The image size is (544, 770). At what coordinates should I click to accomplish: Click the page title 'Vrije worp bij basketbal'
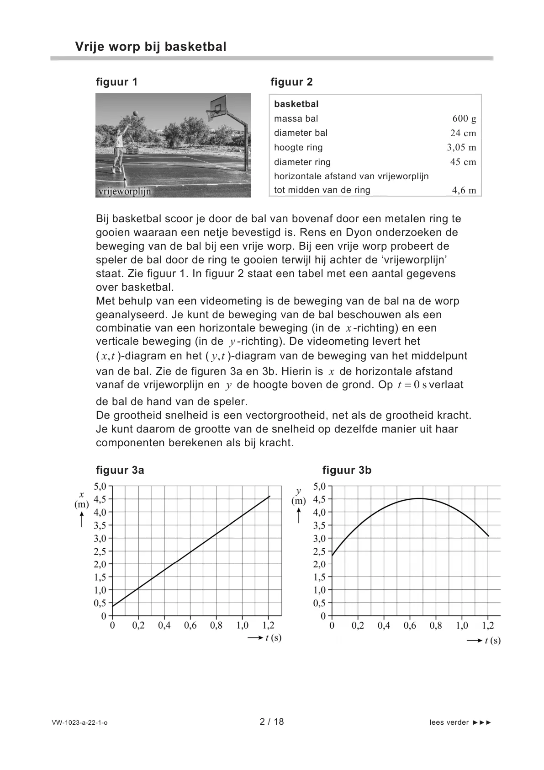tap(150, 47)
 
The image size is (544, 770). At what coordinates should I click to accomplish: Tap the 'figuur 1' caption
tap(116, 82)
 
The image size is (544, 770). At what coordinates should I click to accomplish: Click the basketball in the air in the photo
tap(135, 113)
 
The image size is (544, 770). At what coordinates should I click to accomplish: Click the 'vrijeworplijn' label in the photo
tap(124, 192)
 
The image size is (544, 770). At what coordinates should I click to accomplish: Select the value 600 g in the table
tap(464, 119)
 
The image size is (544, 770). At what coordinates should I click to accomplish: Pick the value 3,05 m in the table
tap(461, 147)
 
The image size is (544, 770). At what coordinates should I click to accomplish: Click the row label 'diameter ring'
tap(302, 162)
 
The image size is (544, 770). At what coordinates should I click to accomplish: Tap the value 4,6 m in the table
tap(464, 190)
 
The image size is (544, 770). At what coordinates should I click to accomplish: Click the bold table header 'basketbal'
tap(296, 104)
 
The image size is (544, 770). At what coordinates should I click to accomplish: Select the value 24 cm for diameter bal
tap(463, 133)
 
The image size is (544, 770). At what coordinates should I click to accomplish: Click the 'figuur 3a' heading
tap(120, 470)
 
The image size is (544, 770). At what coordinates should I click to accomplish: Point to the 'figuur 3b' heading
tap(347, 470)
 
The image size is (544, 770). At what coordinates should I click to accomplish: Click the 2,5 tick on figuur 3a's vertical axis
tap(100, 551)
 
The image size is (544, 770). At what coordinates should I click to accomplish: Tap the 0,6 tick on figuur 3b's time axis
tap(410, 626)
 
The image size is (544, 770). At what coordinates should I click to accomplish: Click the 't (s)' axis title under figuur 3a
tap(273, 637)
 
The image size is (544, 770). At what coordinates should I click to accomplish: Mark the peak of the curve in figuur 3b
tap(419, 498)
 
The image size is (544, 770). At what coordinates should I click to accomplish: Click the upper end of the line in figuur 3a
tap(269, 496)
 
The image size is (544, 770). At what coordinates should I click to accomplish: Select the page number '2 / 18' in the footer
tap(272, 722)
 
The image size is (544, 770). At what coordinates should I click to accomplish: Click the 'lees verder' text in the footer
tap(449, 722)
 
